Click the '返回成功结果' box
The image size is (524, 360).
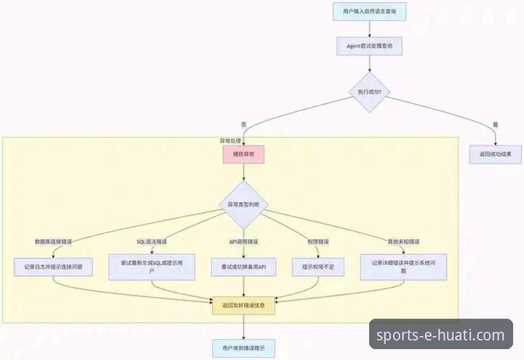tap(495, 154)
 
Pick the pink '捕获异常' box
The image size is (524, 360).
tap(243, 154)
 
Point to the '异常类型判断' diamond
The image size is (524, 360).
tap(243, 205)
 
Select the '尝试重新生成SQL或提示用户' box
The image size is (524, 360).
tap(152, 267)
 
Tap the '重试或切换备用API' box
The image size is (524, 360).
tap(243, 267)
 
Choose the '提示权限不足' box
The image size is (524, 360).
tap(318, 267)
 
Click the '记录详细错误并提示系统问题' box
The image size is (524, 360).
tap(403, 267)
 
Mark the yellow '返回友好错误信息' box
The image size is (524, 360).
tap(243, 305)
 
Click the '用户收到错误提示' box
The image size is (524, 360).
tap(243, 348)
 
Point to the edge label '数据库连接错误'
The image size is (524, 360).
tap(54, 240)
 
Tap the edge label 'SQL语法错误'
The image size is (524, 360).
tap(151, 240)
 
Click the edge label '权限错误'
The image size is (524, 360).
tap(318, 240)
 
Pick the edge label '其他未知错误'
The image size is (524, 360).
tap(404, 240)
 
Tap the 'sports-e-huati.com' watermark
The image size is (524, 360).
tap(441, 335)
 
